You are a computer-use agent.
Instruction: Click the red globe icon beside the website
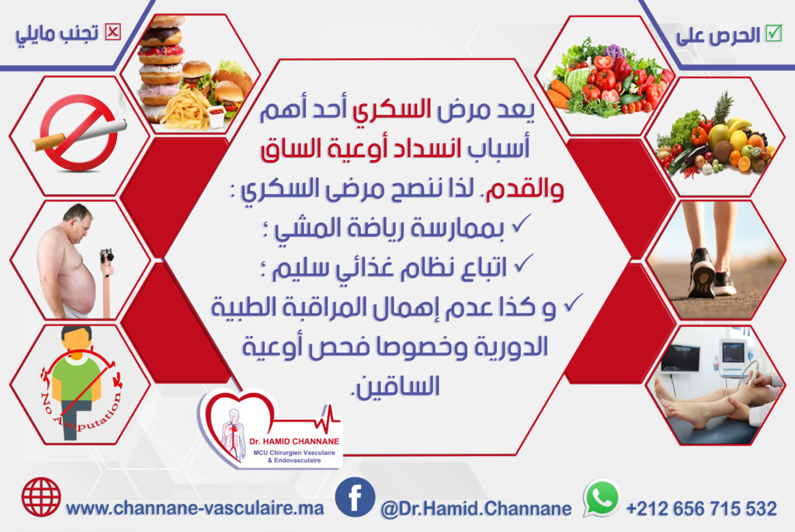41,497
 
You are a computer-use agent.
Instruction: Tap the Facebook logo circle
355,498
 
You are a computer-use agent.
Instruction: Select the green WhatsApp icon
602,498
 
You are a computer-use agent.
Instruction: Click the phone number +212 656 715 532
702,508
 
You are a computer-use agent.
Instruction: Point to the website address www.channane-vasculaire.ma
195,508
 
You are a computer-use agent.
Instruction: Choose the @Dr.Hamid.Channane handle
476,508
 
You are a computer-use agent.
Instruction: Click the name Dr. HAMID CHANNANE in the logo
294,441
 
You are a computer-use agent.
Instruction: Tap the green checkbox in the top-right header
774,33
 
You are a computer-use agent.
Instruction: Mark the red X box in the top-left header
113,33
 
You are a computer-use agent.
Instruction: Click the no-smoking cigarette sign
78,133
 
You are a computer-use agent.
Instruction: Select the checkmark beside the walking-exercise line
521,223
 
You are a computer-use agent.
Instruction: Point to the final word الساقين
397,387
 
